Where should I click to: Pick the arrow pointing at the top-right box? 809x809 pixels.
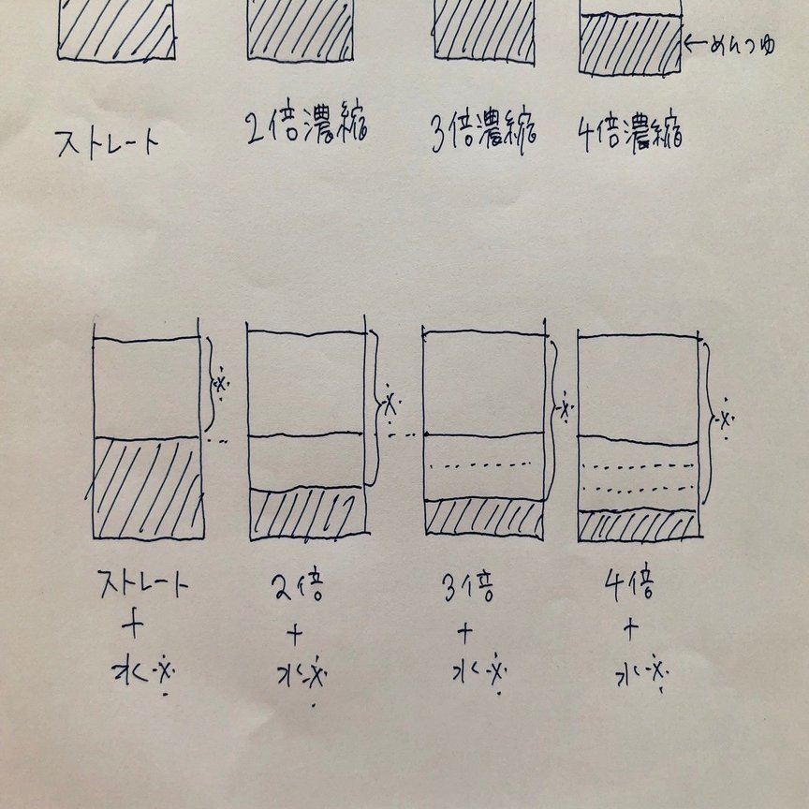(x=697, y=43)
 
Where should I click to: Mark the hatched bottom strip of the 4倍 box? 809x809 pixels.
(x=639, y=525)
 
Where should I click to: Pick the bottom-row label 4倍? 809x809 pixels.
(x=629, y=588)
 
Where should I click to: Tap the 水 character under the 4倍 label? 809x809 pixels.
(x=629, y=671)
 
